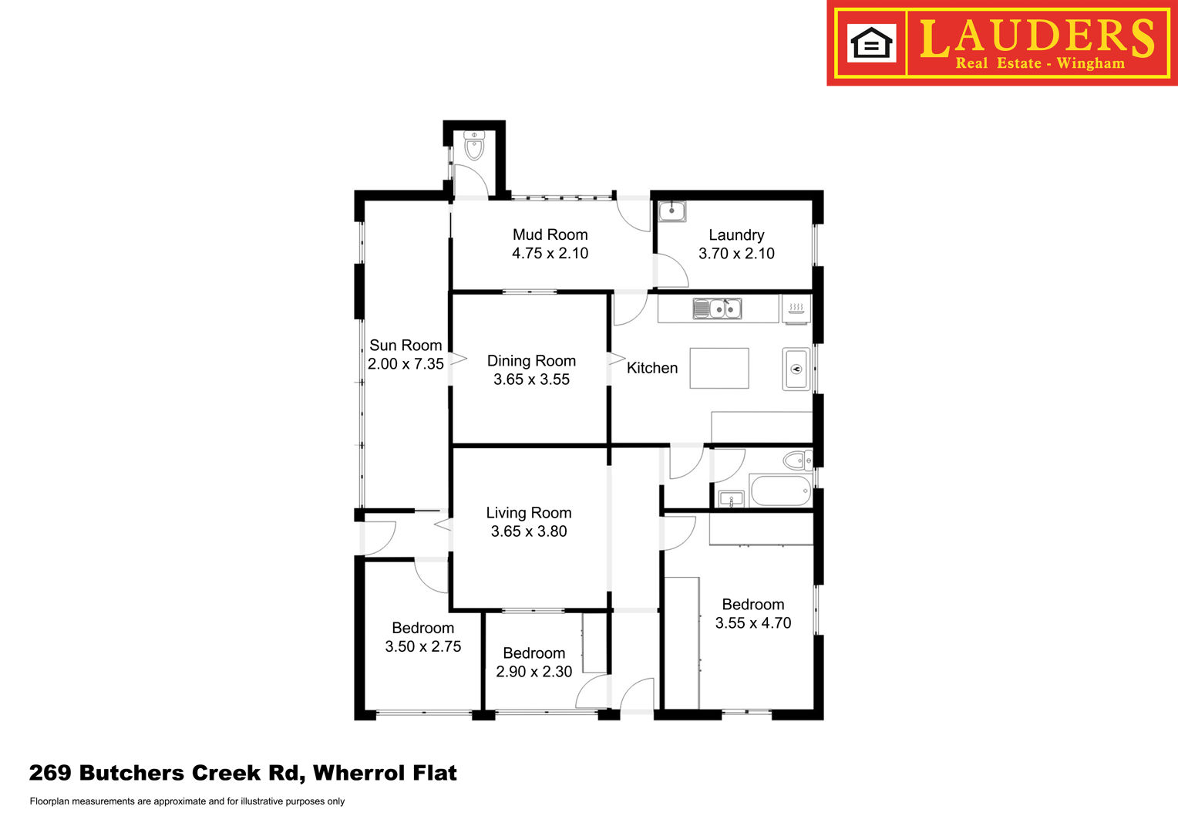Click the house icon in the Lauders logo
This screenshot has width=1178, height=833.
coord(871,43)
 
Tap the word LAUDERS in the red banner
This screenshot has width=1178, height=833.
coord(1037,37)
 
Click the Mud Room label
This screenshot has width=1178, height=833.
coord(550,234)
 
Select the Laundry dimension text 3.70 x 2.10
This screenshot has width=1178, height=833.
coord(736,254)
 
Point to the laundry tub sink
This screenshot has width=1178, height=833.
coord(671,211)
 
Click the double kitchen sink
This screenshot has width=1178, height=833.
coord(717,309)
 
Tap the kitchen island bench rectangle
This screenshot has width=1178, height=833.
coord(719,369)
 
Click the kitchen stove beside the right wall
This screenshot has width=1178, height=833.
coord(796,369)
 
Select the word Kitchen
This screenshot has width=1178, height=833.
coord(652,368)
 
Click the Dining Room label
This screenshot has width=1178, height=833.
coord(531,361)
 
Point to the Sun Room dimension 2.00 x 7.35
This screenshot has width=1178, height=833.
coord(406,364)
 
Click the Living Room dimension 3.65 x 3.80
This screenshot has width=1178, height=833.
coord(529,531)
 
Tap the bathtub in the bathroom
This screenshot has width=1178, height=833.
coord(780,491)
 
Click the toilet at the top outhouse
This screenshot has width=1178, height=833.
coord(474,146)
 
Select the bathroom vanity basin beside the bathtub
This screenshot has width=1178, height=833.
coord(731,499)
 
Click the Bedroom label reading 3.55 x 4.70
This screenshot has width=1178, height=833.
coord(753,605)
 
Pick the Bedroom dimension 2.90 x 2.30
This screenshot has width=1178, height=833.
coord(533,672)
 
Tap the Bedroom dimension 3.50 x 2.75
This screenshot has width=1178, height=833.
coord(422,646)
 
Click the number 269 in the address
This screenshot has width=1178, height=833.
coord(50,773)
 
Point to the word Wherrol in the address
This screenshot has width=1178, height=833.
coord(358,773)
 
